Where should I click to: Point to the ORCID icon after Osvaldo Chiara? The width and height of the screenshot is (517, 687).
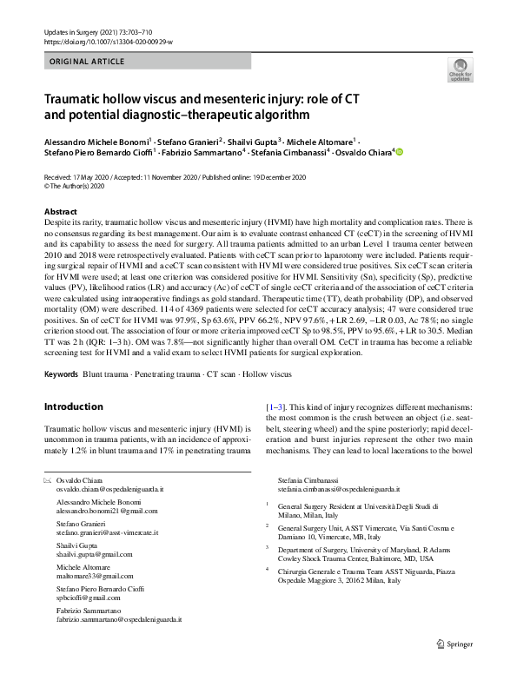(x=400, y=152)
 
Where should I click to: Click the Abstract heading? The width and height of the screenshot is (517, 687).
(x=62, y=212)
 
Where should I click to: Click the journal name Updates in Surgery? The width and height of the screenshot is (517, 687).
(x=77, y=32)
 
